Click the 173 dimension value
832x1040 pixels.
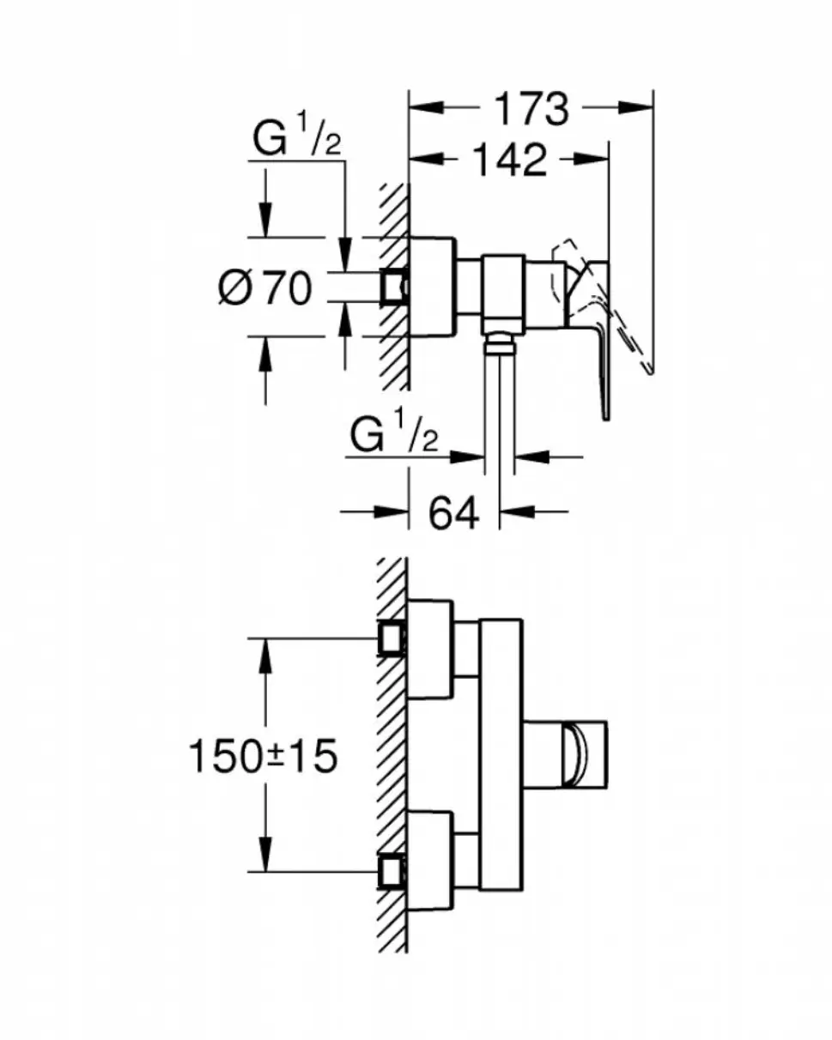[x=531, y=109]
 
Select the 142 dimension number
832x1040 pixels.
[x=510, y=160]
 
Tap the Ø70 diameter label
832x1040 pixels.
[x=264, y=287]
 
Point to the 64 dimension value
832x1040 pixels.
[x=453, y=511]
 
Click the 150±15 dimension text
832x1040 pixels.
[x=263, y=757]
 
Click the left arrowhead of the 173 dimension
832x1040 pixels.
[x=427, y=107]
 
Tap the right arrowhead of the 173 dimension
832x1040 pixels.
[x=635, y=107]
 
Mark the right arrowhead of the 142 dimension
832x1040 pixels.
[x=591, y=159]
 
